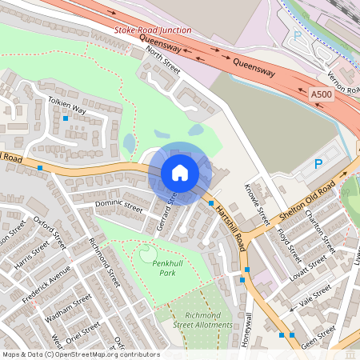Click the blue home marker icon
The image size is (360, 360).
point(180,172)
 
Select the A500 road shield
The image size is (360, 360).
point(321,94)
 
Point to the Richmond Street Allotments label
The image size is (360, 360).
point(202,320)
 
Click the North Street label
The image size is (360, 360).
point(163,62)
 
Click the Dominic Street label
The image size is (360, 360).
point(118,208)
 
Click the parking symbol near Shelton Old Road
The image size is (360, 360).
point(318,165)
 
